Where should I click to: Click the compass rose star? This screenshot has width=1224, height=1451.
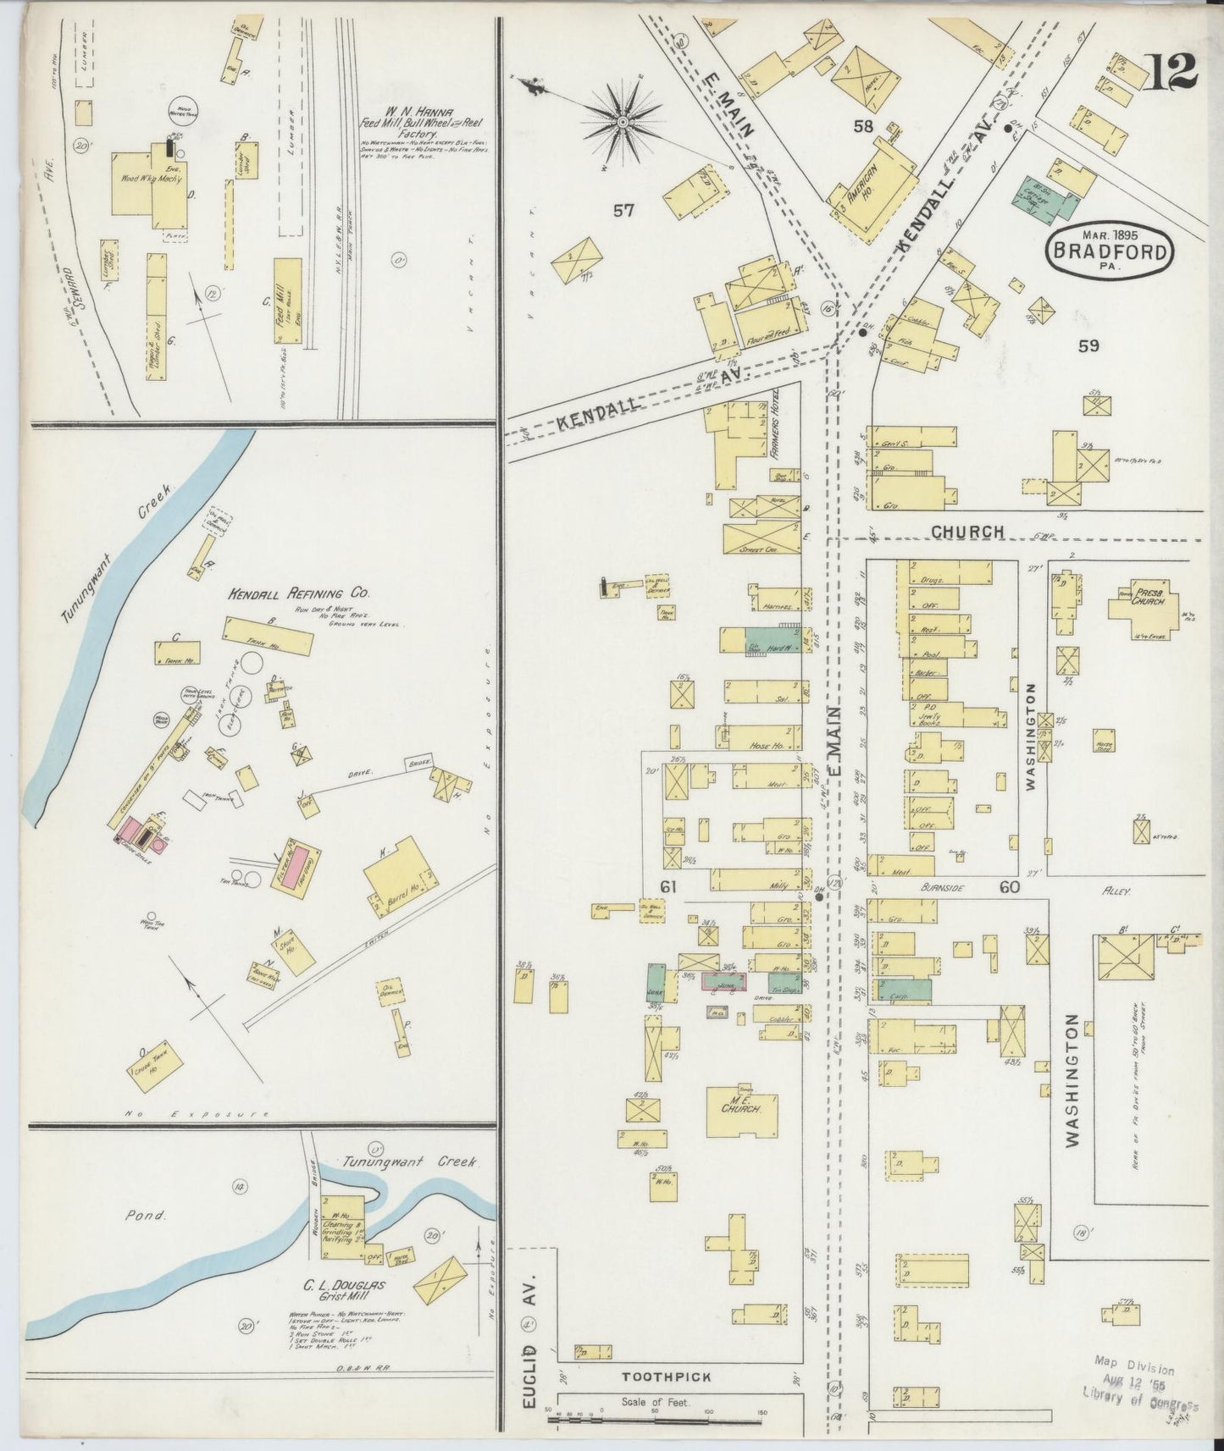point(623,123)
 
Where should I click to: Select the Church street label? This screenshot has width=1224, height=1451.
point(967,532)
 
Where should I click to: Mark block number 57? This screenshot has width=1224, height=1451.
point(623,212)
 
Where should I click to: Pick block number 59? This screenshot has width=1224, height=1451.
point(1088,345)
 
